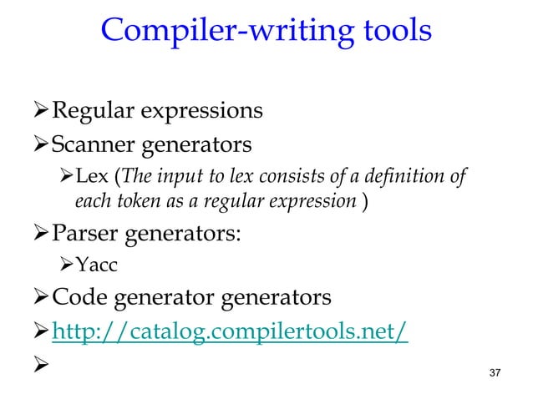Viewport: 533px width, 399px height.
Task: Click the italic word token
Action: coord(132,200)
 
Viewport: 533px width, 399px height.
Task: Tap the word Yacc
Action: coord(94,265)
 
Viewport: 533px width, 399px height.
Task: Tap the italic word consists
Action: coord(298,177)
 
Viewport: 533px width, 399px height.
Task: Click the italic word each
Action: coord(90,200)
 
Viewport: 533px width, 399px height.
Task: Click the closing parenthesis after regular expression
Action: coord(366,200)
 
